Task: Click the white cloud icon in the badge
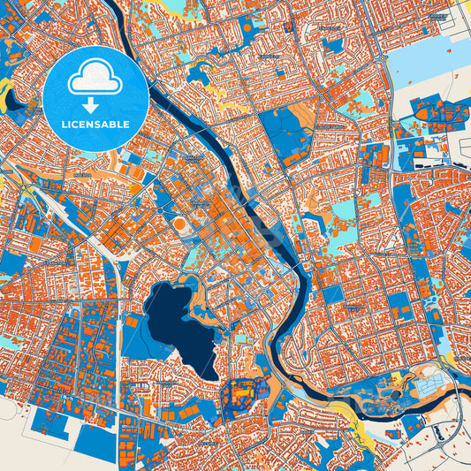(x=95, y=78)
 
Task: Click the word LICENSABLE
(x=95, y=125)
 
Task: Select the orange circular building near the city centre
(x=179, y=224)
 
